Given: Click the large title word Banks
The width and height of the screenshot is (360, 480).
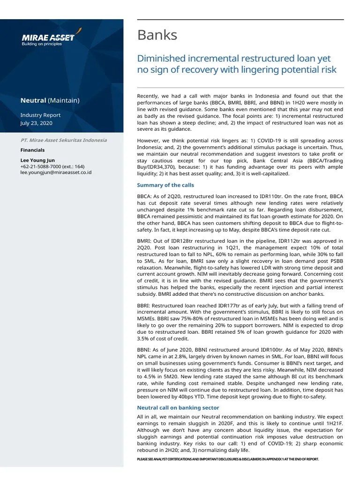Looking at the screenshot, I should click(x=157, y=35).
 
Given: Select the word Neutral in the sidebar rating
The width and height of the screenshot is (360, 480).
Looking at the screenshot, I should click(x=33, y=100).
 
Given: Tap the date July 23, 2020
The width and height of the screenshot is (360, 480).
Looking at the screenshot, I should click(x=36, y=123).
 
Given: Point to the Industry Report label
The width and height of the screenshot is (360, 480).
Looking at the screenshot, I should click(x=40, y=115).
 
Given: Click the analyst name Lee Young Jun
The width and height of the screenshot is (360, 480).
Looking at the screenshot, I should click(x=37, y=160).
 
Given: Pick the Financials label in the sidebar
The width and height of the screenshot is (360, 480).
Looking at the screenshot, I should click(x=32, y=150).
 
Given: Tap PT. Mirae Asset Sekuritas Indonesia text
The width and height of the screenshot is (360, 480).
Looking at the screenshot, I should click(x=63, y=140).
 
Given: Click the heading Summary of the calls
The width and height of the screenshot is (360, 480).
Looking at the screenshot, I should click(x=164, y=185).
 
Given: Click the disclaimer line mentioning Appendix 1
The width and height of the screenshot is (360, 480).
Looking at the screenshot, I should click(x=228, y=459).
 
